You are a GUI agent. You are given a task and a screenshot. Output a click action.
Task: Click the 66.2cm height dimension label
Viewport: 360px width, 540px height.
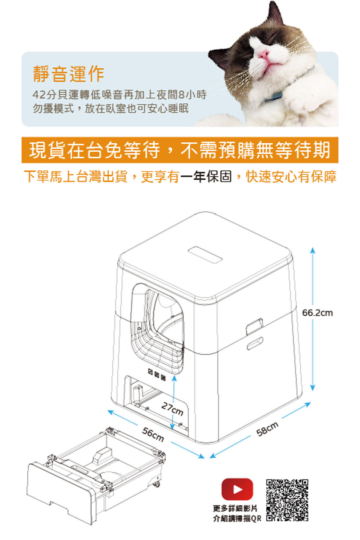click(317, 313)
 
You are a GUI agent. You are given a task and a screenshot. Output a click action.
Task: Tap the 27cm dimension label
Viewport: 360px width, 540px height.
click(172, 409)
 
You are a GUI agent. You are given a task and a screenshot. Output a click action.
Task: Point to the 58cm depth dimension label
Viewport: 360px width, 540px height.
click(267, 429)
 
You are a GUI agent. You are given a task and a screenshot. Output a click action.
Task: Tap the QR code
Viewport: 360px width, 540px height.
click(287, 501)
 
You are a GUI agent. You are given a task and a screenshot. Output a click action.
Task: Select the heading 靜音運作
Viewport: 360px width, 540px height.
click(68, 73)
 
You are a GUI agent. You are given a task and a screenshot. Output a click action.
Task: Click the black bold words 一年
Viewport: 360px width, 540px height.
click(192, 176)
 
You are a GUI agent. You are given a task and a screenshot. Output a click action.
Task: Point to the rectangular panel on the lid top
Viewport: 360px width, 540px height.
click(205, 255)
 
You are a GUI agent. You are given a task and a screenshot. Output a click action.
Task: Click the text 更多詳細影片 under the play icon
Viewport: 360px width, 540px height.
click(235, 509)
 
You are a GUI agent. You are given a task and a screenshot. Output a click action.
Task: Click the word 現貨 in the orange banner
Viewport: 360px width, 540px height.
click(48, 150)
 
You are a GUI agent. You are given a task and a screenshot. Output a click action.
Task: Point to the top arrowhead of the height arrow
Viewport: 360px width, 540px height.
click(312, 250)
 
